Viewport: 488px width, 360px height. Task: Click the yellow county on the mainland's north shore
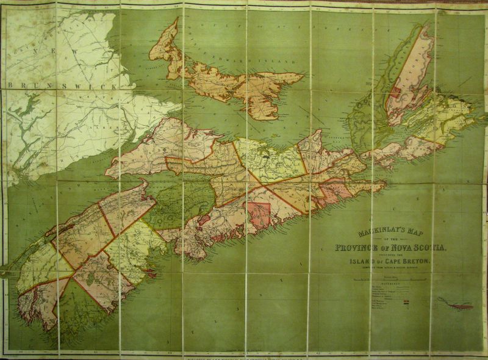[x=271, y=160]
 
